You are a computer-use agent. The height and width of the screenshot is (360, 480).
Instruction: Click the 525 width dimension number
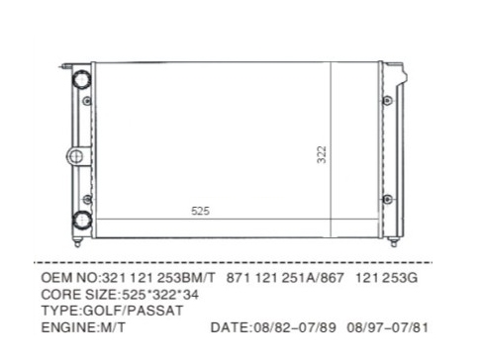200,211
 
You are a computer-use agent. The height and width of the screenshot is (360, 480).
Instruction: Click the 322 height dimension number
322,154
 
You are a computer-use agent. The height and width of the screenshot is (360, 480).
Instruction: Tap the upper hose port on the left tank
81,79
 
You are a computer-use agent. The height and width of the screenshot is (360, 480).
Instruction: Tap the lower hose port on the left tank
82,220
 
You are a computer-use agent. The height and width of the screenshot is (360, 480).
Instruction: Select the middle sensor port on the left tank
76,156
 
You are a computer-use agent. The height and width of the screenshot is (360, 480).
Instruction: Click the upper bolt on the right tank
387,100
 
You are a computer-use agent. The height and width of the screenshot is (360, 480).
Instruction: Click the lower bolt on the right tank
388,199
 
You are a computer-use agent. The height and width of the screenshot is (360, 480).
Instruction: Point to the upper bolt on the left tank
87,101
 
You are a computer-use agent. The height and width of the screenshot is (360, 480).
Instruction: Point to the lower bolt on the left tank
87,199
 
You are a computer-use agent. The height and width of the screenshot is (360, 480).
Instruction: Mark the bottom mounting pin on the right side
393,242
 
